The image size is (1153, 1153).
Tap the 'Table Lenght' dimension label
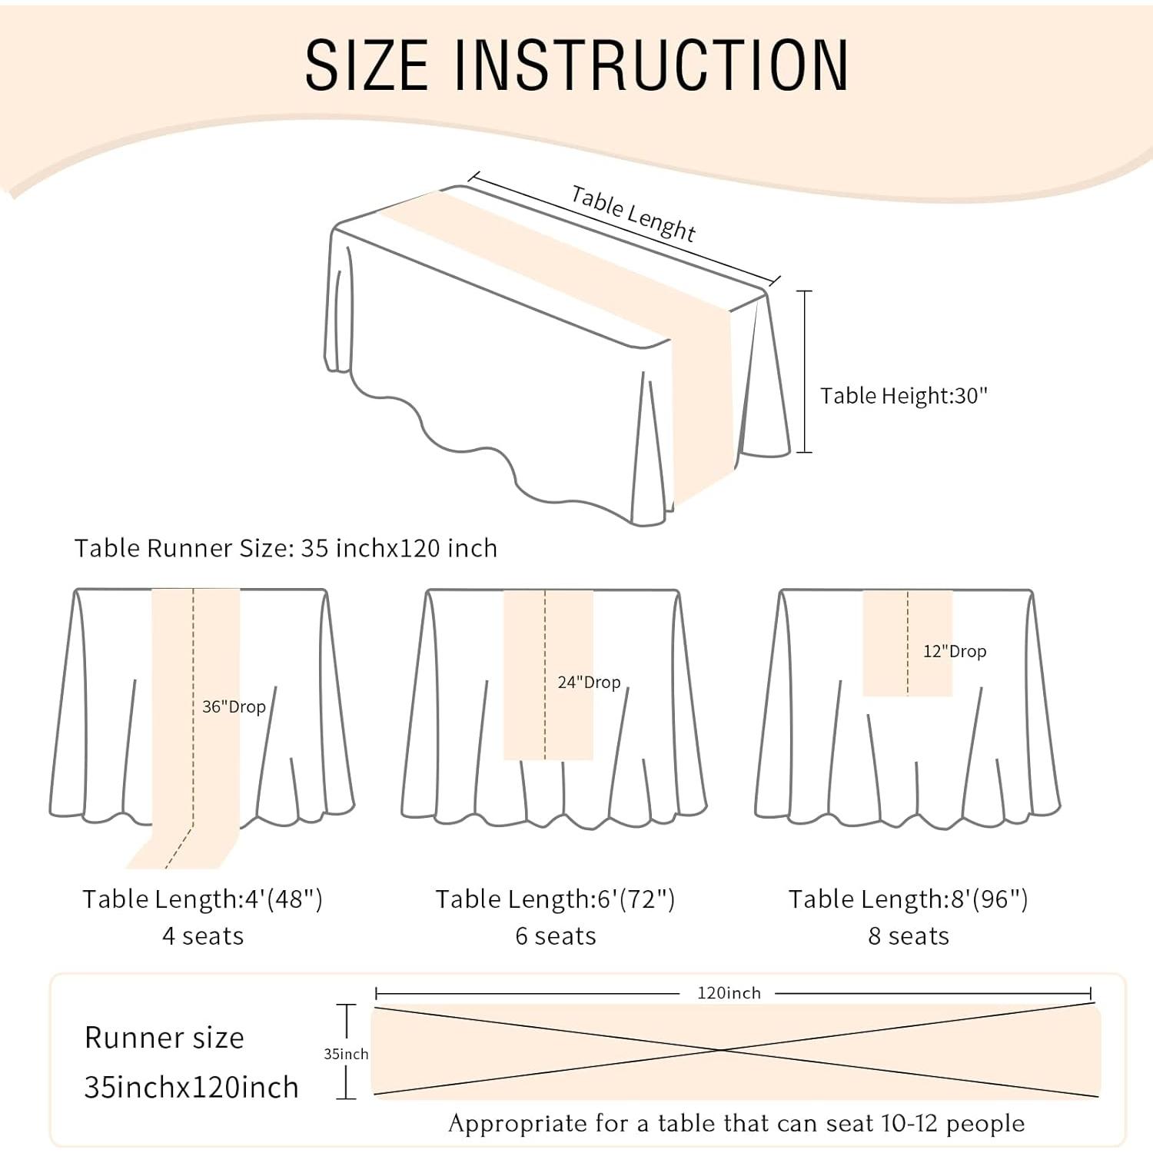click(633, 214)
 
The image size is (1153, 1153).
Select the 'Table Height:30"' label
click(903, 395)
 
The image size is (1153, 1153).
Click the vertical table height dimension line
click(804, 371)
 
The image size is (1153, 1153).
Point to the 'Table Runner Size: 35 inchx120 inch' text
click(286, 548)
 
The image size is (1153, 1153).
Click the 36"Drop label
click(234, 706)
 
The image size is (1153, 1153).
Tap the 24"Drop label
click(589, 682)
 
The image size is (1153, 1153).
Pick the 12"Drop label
click(955, 651)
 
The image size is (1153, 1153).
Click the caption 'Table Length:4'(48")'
click(202, 899)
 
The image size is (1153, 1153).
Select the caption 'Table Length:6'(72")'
click(555, 899)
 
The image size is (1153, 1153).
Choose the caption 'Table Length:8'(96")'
click(908, 899)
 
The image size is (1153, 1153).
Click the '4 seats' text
click(203, 936)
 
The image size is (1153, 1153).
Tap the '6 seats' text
click(556, 936)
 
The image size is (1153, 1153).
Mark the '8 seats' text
click(909, 936)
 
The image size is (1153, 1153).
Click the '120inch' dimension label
click(729, 993)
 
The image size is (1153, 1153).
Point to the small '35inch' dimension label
click(346, 1054)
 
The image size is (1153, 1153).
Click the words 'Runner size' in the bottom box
click(164, 1038)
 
